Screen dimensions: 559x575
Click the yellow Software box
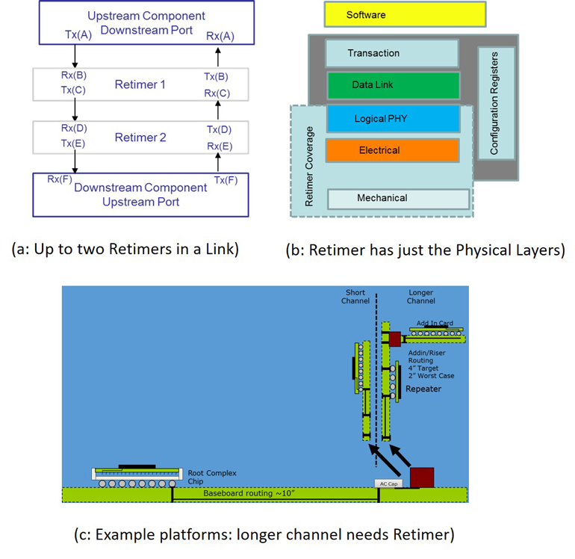pyautogui.click(x=404, y=14)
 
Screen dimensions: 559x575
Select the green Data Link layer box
pyautogui.click(x=392, y=85)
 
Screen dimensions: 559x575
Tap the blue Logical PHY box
pyautogui.click(x=392, y=119)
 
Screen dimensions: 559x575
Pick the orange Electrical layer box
pyautogui.click(x=392, y=150)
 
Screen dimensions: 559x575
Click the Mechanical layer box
pyautogui.click(x=398, y=198)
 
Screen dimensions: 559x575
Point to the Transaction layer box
pyautogui.click(x=392, y=53)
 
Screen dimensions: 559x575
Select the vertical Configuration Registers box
pyautogui.click(x=494, y=102)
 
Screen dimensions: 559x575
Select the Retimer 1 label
pyautogui.click(x=140, y=84)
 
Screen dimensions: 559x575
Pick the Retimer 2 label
pyautogui.click(x=140, y=138)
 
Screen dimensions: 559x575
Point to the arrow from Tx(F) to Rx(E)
pyautogui.click(x=218, y=162)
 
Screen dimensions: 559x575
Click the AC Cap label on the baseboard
pyautogui.click(x=388, y=484)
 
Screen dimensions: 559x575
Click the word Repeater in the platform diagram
pyautogui.click(x=423, y=389)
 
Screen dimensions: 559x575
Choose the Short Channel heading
pyautogui.click(x=356, y=297)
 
